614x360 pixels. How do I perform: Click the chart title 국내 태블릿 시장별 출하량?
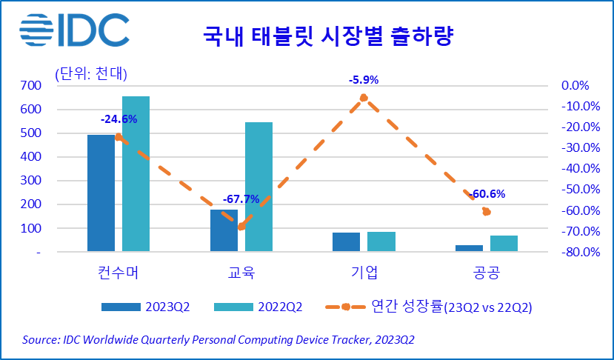pyautogui.click(x=328, y=35)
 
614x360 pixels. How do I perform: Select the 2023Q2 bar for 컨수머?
pyautogui.click(x=101, y=193)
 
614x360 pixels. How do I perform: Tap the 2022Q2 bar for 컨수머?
pyautogui.click(x=136, y=174)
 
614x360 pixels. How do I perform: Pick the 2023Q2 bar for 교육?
pyautogui.click(x=224, y=230)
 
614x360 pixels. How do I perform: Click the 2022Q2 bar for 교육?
pyautogui.click(x=258, y=187)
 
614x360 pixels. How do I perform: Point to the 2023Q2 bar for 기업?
pyautogui.click(x=346, y=242)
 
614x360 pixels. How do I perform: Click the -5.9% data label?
pyautogui.click(x=364, y=80)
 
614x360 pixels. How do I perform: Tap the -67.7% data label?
pyautogui.click(x=241, y=199)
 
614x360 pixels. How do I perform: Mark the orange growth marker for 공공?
pyautogui.click(x=487, y=212)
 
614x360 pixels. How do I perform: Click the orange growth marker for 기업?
pyautogui.click(x=364, y=98)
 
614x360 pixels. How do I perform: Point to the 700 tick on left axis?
pyautogui.click(x=30, y=85)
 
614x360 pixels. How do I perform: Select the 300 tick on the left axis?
pyautogui.click(x=30, y=181)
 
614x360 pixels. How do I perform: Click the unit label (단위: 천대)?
pyautogui.click(x=90, y=73)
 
